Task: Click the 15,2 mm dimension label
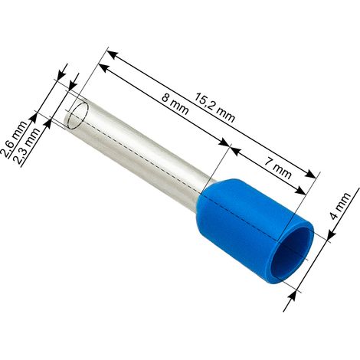214,107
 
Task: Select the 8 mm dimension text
175,104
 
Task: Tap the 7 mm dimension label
277,169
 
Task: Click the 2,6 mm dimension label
14,139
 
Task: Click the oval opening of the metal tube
79,116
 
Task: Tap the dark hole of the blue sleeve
293,253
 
